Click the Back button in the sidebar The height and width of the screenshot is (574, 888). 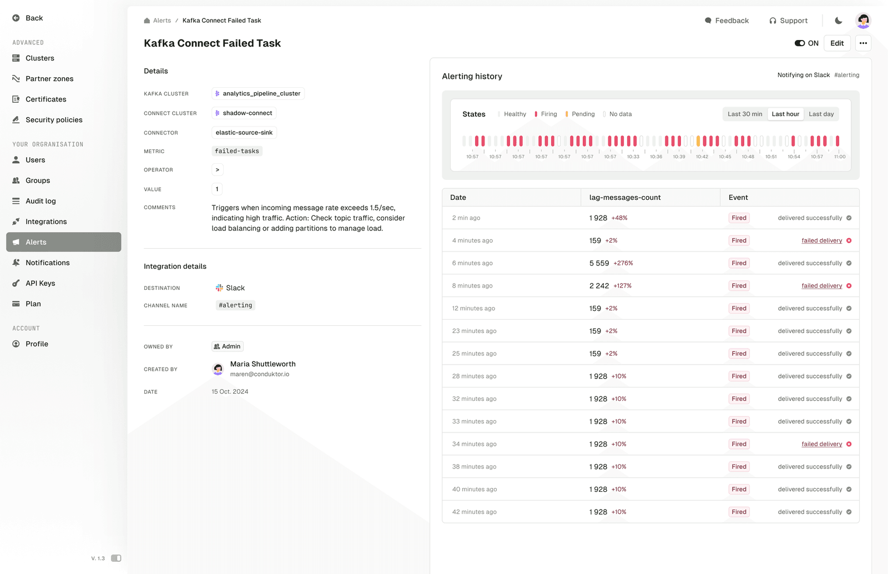click(x=28, y=18)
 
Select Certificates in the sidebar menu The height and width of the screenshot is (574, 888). click(x=46, y=99)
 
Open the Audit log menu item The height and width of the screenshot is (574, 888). click(x=41, y=201)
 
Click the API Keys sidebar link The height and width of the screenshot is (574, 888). click(x=40, y=283)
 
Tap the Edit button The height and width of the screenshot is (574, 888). click(x=837, y=43)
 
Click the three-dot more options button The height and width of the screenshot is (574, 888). click(x=863, y=43)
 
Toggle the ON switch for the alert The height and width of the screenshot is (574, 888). click(x=800, y=43)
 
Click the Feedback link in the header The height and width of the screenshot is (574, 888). click(x=726, y=21)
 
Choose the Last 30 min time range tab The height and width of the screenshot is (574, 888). click(x=745, y=114)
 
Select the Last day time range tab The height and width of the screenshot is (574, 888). click(x=821, y=114)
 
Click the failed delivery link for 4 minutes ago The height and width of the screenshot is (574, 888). click(x=821, y=240)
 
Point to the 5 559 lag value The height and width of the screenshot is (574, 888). click(x=599, y=263)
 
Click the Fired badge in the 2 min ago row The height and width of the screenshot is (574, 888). click(x=739, y=218)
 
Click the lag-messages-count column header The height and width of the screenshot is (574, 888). click(x=625, y=198)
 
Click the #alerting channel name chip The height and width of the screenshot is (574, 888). click(x=235, y=305)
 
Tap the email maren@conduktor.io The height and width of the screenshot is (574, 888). click(x=260, y=374)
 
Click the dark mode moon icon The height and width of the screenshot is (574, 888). click(x=838, y=21)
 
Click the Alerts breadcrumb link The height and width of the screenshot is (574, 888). click(x=162, y=21)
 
